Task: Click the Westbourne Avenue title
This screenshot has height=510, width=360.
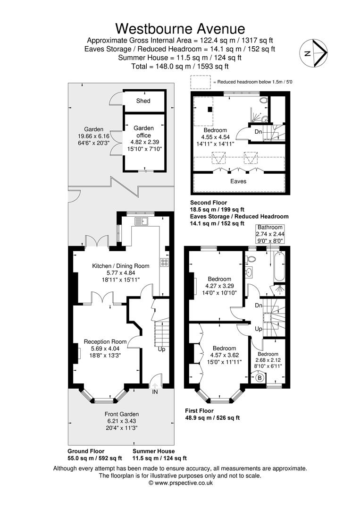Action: [180, 29]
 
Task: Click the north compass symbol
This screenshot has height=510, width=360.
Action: [313, 53]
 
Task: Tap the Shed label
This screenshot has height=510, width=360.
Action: [143, 101]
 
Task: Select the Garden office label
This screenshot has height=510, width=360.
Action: [143, 132]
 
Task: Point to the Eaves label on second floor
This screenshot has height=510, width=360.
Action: [238, 181]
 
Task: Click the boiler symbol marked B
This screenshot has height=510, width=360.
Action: [260, 378]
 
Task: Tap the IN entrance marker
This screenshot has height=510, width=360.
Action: [155, 391]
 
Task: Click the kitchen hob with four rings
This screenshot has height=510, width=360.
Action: [164, 263]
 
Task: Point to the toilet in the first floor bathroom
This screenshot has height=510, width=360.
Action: [251, 259]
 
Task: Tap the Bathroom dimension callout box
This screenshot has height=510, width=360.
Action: [270, 234]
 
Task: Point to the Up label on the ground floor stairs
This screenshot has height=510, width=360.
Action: [161, 349]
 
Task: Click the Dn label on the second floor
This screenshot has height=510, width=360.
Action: [258, 132]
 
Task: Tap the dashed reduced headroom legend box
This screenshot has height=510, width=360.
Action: [201, 82]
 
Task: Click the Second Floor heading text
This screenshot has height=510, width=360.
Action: [209, 202]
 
